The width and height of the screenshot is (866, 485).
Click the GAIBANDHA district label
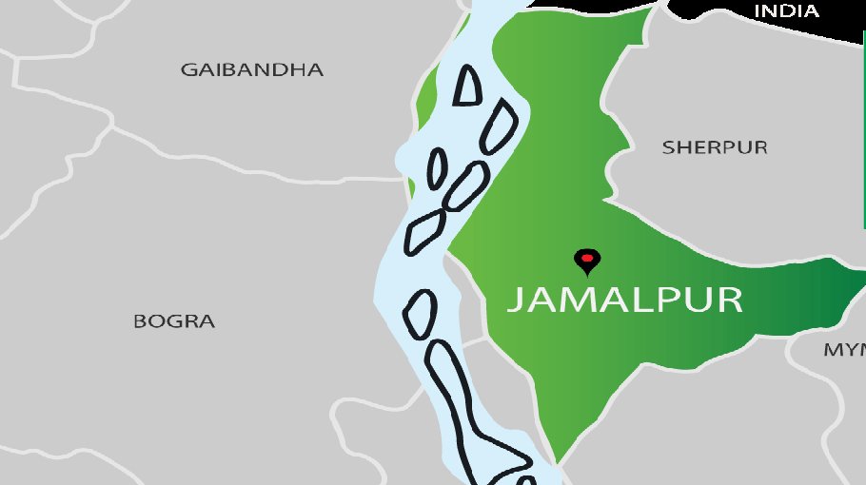pyautogui.click(x=252, y=70)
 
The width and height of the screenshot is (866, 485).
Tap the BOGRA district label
pyautogui.click(x=174, y=321)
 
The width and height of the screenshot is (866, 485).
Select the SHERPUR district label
pyautogui.click(x=715, y=147)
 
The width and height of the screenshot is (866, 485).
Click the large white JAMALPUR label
pyautogui.click(x=623, y=300)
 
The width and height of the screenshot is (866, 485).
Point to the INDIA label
pyautogui.click(x=786, y=11)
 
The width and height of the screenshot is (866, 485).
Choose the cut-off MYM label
pyautogui.click(x=844, y=350)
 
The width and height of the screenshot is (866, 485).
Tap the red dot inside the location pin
pyautogui.click(x=587, y=257)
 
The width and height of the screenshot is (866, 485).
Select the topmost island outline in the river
pyautogui.click(x=467, y=86)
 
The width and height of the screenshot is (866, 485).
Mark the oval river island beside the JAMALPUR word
pyautogui.click(x=421, y=313)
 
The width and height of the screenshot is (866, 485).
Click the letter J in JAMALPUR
pyautogui.click(x=514, y=301)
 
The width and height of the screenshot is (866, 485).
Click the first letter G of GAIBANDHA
pyautogui.click(x=189, y=70)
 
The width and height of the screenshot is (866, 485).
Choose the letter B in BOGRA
pyautogui.click(x=140, y=321)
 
